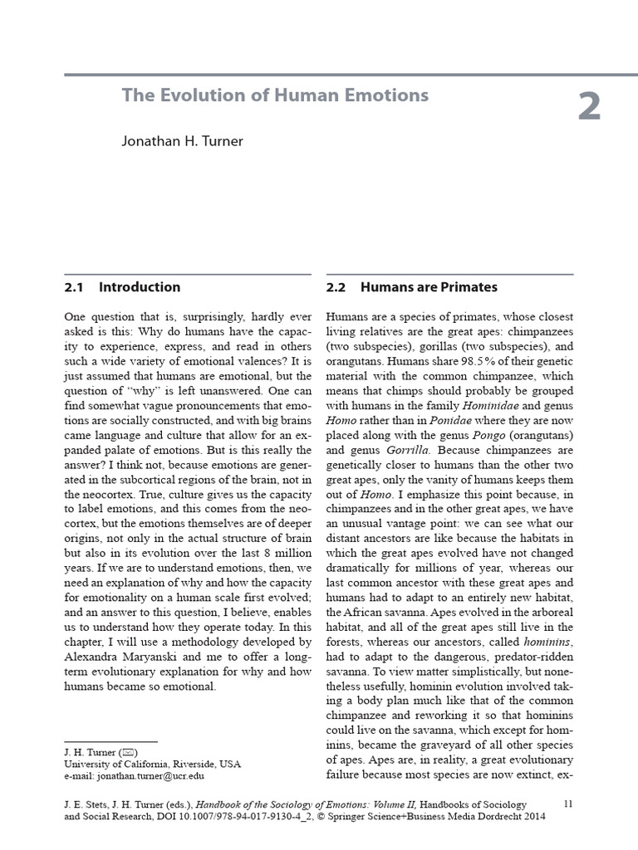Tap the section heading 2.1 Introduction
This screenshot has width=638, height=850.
122,287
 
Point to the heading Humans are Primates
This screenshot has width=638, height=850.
429,287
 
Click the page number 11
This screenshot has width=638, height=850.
568,803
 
